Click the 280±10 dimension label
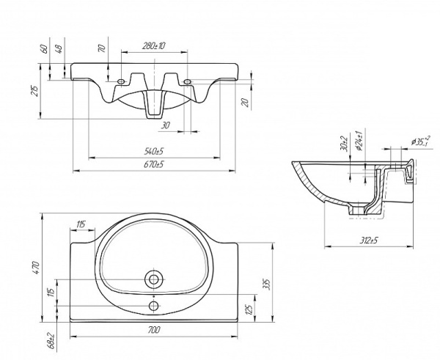pos(155,46)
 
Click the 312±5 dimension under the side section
pos(368,239)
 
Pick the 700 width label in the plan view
pos(153,331)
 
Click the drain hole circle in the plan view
pos(154,279)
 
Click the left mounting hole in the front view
pos(120,81)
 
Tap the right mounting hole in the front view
pos(188,81)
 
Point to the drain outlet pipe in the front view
pos(154,106)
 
